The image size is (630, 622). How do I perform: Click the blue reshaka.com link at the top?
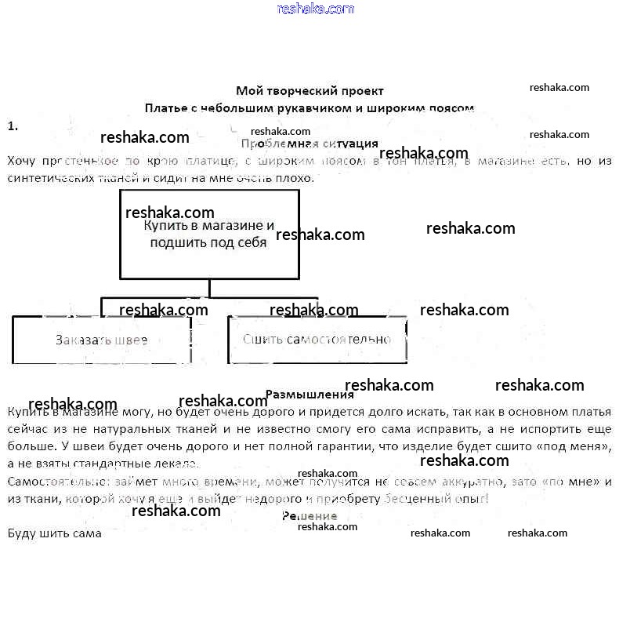(x=315, y=9)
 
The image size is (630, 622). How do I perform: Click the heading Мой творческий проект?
(x=310, y=91)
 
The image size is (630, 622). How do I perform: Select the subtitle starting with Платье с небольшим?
(x=310, y=108)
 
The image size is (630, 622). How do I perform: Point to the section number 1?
(x=12, y=125)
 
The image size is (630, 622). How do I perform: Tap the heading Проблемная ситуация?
(x=310, y=144)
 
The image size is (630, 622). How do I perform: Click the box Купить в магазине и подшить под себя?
(x=209, y=234)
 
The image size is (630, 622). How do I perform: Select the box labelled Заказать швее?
(x=102, y=340)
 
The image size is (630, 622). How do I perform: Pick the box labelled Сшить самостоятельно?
(x=317, y=340)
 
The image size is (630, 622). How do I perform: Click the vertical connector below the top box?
(x=209, y=288)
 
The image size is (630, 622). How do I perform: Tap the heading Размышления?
(x=310, y=395)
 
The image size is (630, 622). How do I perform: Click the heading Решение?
(x=310, y=516)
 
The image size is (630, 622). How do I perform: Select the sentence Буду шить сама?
(x=54, y=533)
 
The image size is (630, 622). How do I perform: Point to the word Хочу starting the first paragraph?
(x=21, y=161)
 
